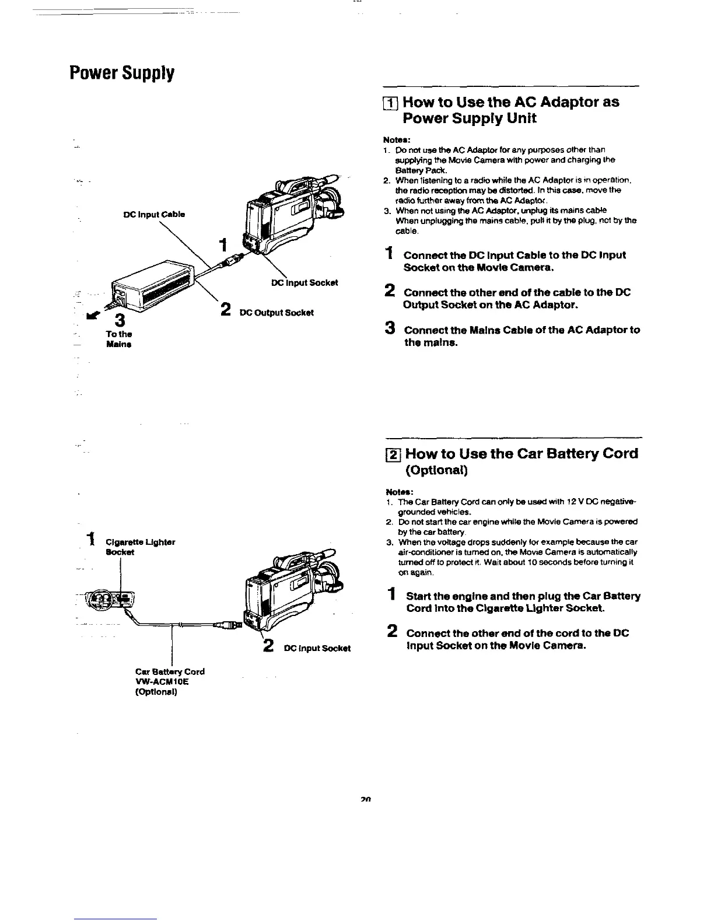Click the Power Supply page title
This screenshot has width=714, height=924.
121,73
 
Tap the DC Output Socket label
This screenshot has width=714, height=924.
276,312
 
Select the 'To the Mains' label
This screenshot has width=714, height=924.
119,339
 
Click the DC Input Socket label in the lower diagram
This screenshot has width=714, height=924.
317,648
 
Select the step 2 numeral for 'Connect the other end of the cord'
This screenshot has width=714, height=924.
391,632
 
